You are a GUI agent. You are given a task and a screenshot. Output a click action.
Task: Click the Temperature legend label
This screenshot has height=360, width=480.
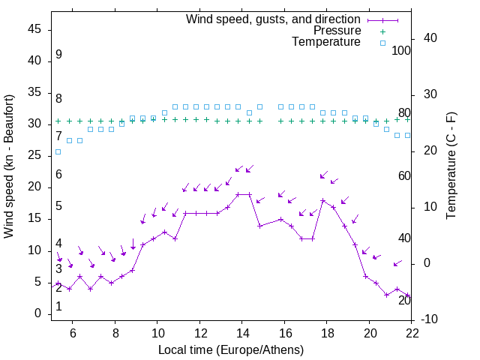click(326, 42)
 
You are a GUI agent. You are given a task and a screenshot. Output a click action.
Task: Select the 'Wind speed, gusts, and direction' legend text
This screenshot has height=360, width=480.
click(274, 19)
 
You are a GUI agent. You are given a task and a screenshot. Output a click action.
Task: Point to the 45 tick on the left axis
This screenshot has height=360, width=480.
click(34, 29)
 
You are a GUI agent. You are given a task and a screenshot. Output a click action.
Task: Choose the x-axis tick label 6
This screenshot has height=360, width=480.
click(73, 334)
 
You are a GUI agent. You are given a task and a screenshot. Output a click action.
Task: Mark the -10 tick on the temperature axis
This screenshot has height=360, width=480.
click(431, 319)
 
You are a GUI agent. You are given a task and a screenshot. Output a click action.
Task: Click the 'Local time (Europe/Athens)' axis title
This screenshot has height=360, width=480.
click(231, 349)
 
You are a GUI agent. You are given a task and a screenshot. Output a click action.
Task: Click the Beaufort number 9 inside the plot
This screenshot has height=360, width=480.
click(58, 55)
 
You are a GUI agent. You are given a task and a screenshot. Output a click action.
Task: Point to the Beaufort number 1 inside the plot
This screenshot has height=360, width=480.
click(58, 307)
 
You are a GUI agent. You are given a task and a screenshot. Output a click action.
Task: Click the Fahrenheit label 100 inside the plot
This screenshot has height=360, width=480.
click(401, 51)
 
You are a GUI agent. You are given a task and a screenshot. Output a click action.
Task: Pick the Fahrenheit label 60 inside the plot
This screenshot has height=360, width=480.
click(404, 175)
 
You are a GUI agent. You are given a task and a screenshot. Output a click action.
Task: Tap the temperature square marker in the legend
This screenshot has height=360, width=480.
click(382, 43)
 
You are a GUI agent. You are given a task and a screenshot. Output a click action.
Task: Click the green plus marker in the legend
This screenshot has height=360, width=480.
click(382, 31)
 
